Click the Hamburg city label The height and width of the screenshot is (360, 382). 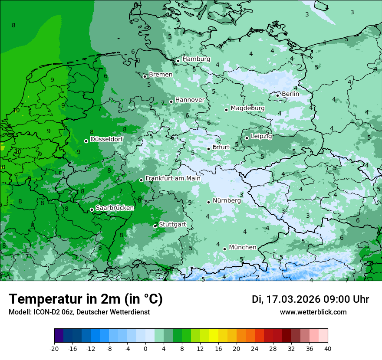coord(196,59)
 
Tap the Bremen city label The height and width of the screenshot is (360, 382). coord(161,75)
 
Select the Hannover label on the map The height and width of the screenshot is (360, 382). coord(190,100)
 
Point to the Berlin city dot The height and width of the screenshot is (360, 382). coord(278,95)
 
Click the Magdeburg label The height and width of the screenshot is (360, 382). coord(247,108)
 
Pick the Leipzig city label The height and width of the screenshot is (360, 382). coord(261,137)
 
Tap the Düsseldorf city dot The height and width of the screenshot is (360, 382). coord(86,141)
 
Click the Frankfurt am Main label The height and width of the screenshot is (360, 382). coord(173,178)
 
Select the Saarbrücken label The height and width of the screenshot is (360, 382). coord(115,208)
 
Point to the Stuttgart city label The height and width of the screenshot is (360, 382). coord(172,224)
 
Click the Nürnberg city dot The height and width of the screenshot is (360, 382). coord(209,202)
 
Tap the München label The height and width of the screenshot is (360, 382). coord(242,247)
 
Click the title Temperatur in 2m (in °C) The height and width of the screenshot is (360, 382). coord(86,299)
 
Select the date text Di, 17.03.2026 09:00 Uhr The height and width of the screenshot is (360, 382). coord(310,299)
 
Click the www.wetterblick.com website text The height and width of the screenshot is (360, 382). coord(313,312)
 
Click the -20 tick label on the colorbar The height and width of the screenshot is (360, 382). coord(54,349)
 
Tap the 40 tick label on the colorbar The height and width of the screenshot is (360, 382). coord(327,349)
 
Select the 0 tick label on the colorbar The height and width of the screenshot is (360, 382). coord(145,349)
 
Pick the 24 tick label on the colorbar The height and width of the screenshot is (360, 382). coord(254,349)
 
